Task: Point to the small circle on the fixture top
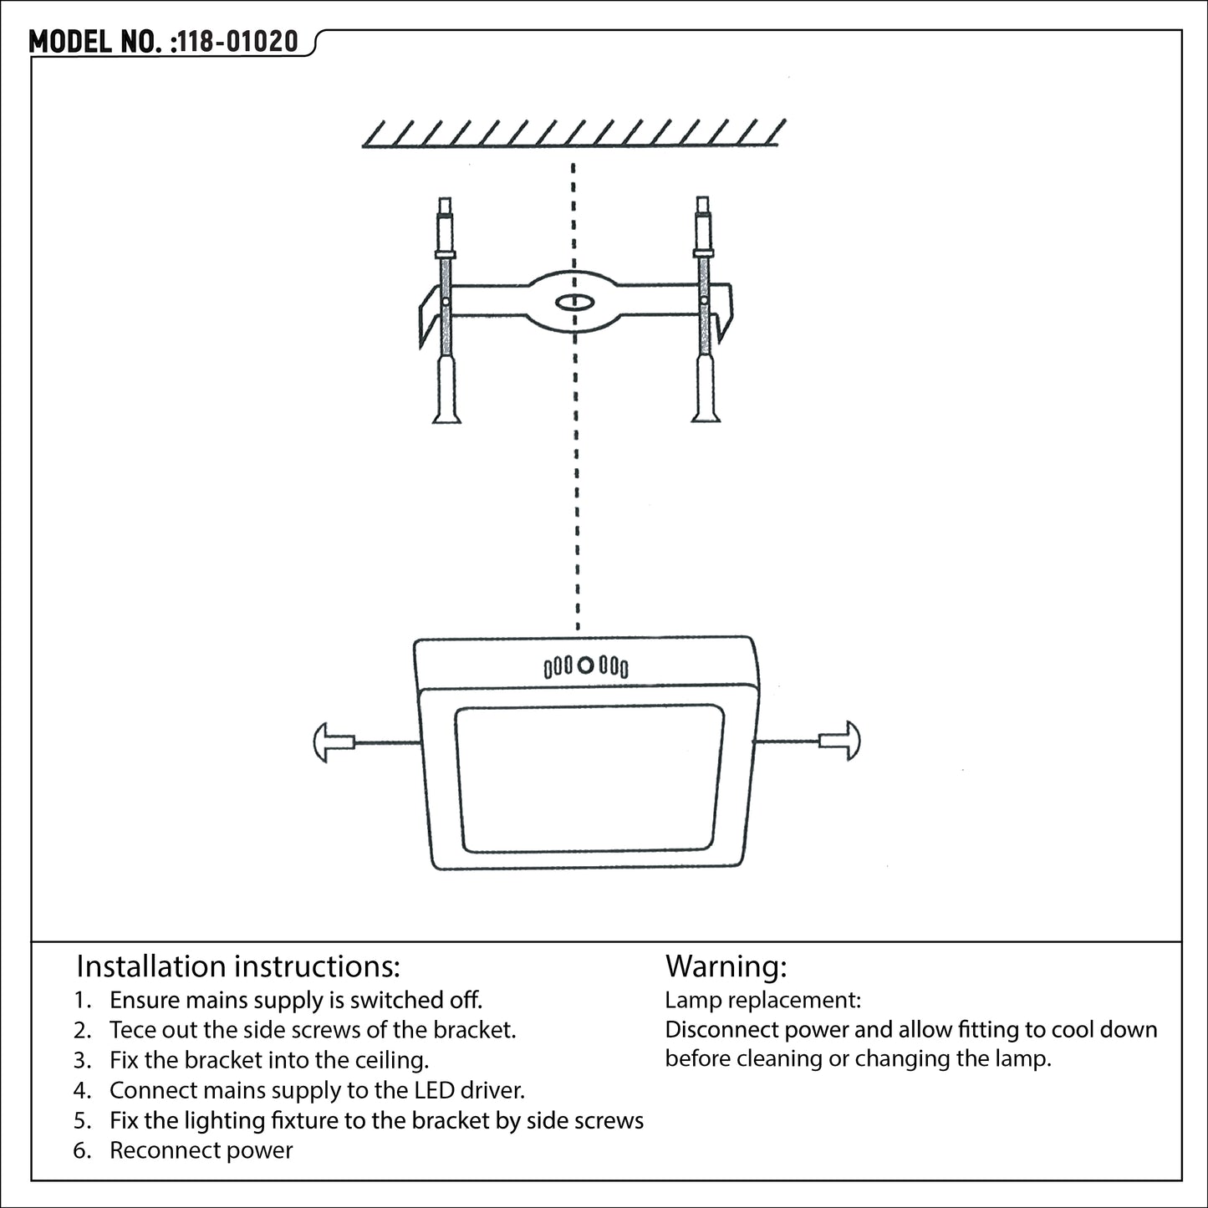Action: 586,665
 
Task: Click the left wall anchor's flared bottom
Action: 446,413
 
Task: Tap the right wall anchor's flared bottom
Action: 705,413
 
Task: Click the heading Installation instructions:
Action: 238,966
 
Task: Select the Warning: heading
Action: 726,966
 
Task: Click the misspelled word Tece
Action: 132,1030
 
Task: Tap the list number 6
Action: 82,1150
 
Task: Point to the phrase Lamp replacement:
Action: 762,1000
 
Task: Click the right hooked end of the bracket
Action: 725,309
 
